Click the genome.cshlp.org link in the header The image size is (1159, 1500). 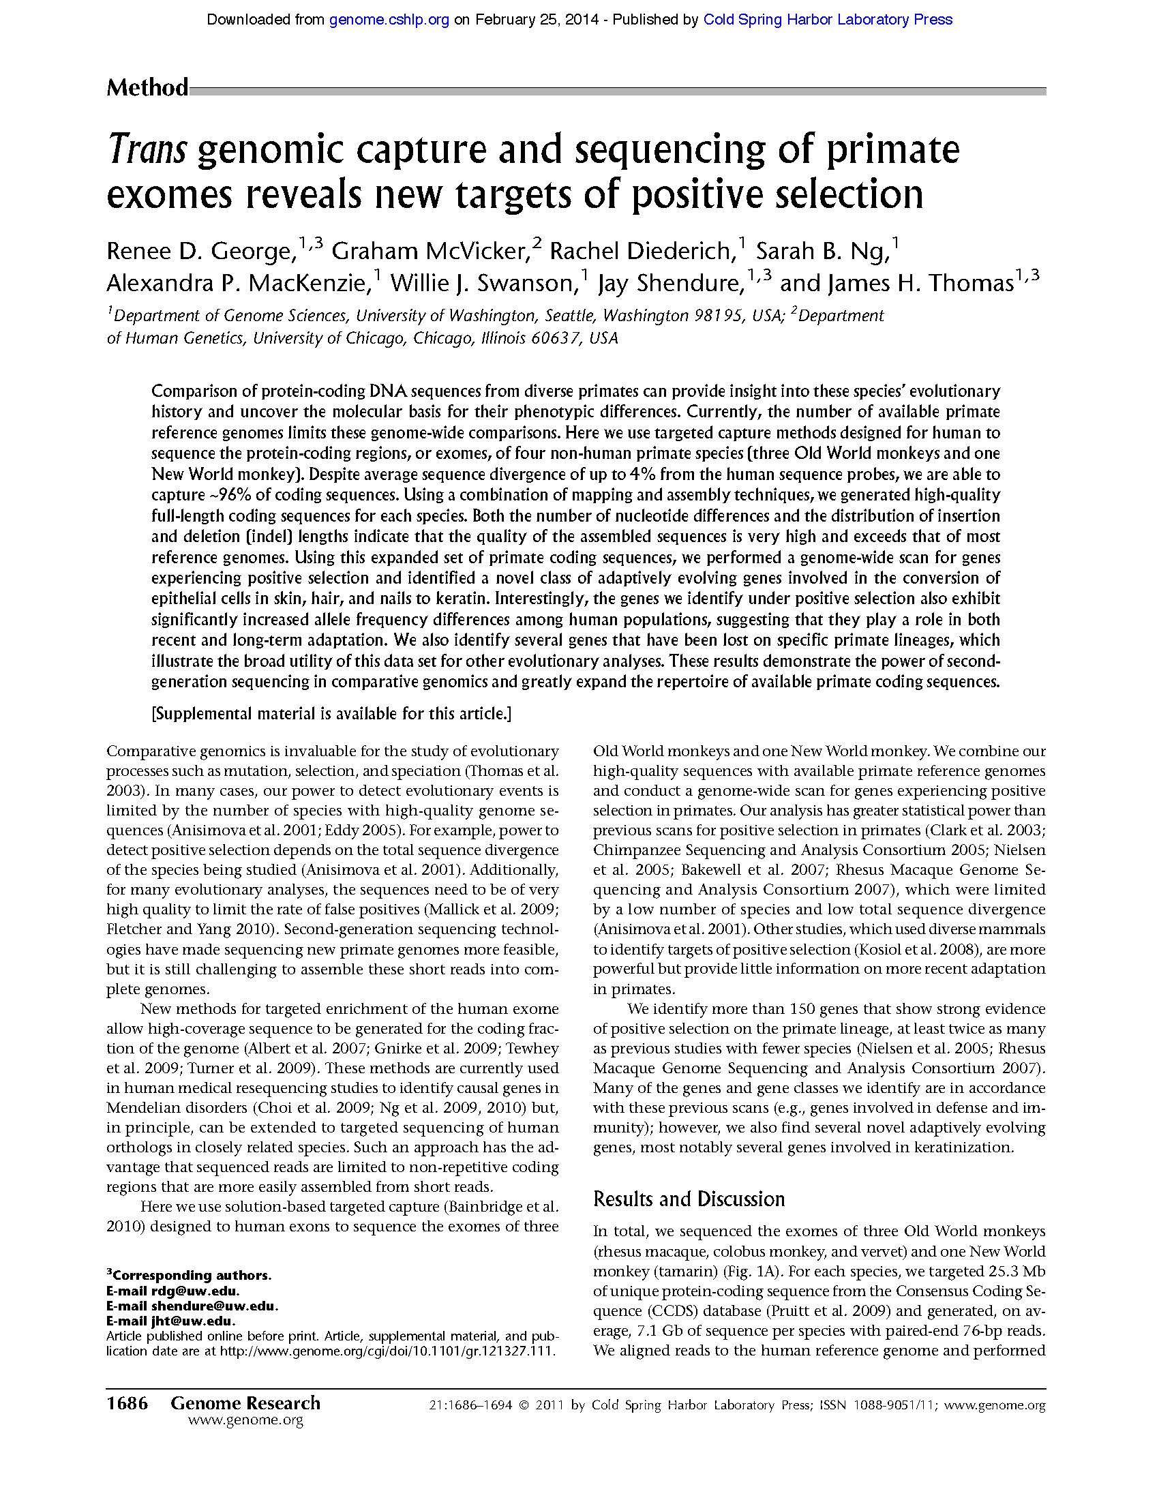(x=389, y=20)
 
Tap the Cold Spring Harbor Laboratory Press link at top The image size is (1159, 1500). (x=828, y=20)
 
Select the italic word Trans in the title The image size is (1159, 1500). (x=148, y=150)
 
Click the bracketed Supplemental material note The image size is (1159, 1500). (x=331, y=714)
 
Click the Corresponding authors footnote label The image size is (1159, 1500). (x=191, y=1276)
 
